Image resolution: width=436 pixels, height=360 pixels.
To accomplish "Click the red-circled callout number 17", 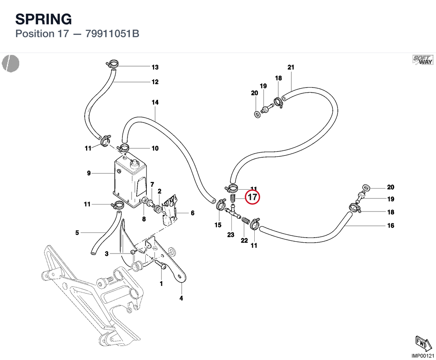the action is point(252,197).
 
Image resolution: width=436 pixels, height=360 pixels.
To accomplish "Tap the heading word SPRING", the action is point(44,19).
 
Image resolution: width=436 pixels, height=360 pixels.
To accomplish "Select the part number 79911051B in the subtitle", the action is point(112,34).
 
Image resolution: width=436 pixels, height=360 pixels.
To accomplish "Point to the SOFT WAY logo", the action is point(423,60).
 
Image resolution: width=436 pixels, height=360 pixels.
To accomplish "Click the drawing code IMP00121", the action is point(423,356).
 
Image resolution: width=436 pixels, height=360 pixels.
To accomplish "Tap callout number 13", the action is point(155,67).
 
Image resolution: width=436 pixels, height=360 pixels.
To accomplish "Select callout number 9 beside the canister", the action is point(89,173).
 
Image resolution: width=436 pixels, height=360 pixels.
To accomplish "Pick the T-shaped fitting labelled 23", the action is point(232,213).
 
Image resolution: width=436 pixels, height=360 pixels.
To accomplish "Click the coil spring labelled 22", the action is point(246,220).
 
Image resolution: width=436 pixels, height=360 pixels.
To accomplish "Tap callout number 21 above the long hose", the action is point(291,67).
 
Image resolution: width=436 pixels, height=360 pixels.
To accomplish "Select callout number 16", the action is point(391,226).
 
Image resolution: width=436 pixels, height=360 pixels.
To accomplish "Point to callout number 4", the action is point(181,298).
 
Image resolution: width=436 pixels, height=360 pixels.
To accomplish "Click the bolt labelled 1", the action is point(160,264).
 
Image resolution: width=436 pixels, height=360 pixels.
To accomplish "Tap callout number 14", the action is point(155,102).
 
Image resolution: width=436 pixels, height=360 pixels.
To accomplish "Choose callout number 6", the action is point(193,213).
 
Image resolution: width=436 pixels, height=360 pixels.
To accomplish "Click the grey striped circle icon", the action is point(11,64).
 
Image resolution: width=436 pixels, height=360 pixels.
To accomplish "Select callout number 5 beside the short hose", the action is point(77,232).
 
